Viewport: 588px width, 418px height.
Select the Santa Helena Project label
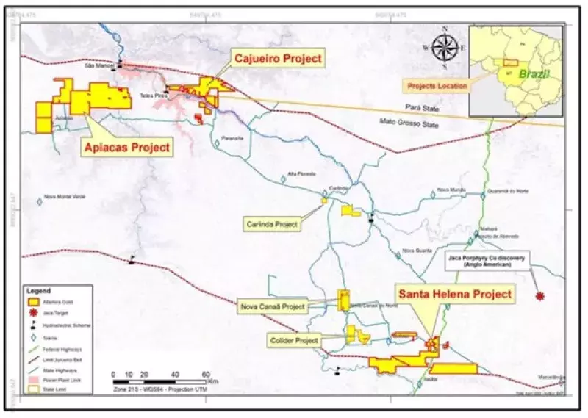tap(454, 295)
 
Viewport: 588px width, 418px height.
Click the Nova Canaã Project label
tap(272, 306)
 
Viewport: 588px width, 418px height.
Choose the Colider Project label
tap(294, 340)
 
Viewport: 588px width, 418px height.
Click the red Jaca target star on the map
tap(541, 296)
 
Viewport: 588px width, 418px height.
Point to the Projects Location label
tap(438, 86)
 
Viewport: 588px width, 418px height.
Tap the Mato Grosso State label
tap(409, 123)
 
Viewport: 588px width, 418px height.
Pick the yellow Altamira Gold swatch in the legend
tap(33, 302)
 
